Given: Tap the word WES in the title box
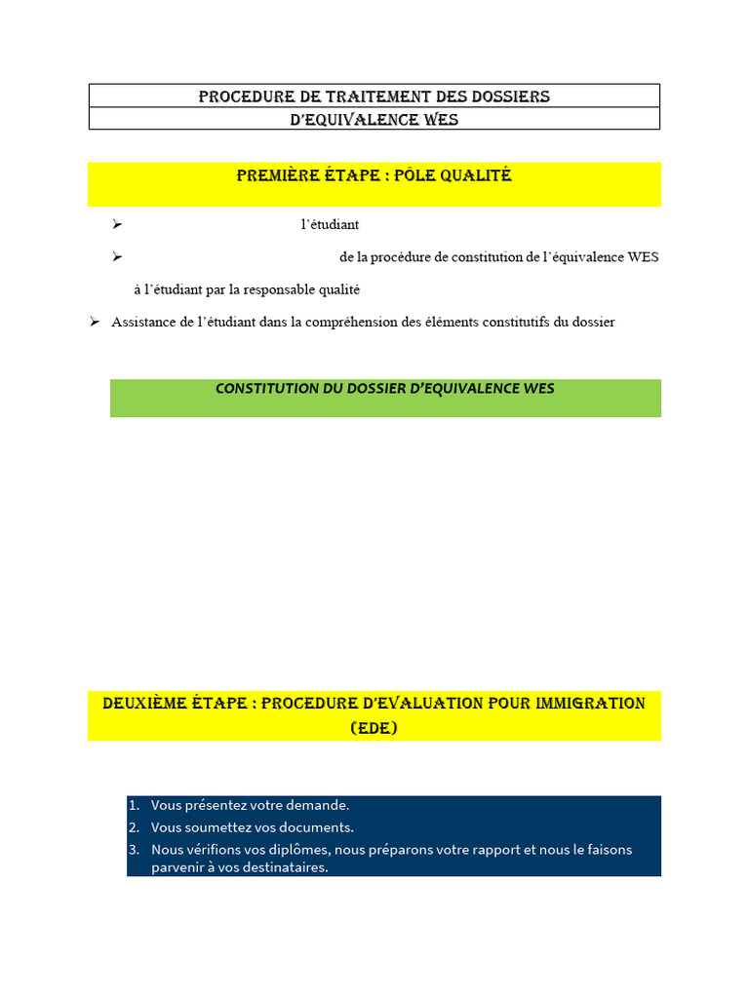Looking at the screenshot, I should tap(439, 120).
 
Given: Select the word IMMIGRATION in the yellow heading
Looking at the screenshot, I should tap(585, 704).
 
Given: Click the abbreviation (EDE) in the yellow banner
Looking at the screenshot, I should tap(374, 728).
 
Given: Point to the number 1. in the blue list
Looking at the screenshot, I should tap(135, 805).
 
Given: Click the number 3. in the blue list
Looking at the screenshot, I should tap(135, 850).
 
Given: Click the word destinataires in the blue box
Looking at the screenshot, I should tap(277, 867).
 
